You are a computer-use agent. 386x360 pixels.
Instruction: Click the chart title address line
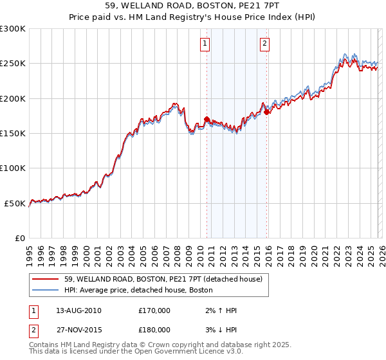193,6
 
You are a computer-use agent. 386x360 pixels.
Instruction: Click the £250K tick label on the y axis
13,64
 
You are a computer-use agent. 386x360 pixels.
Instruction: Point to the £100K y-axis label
13,168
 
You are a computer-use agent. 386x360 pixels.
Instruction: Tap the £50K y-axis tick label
15,203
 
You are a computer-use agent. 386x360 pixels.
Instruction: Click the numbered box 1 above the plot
205,44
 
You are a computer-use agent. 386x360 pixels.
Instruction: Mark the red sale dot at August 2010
207,119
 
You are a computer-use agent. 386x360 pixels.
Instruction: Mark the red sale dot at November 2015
267,112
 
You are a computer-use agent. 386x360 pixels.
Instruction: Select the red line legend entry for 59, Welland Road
163,279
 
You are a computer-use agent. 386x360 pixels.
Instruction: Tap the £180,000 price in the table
154,329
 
